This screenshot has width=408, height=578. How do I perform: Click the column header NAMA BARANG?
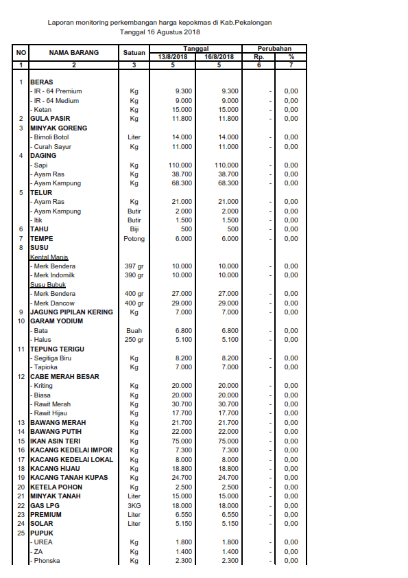(73, 52)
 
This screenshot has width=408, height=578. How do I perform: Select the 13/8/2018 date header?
(172, 57)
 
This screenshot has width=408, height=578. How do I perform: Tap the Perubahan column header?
(274, 49)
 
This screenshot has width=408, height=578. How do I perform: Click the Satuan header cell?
(134, 52)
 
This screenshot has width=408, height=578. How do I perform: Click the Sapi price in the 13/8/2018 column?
(180, 165)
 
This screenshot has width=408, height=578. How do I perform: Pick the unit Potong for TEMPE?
(134, 239)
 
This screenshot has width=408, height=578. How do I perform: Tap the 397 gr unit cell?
(134, 266)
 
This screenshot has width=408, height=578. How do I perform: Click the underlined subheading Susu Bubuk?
(48, 285)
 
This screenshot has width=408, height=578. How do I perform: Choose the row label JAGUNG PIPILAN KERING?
(71, 312)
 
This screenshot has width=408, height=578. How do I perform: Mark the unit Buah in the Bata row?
(134, 331)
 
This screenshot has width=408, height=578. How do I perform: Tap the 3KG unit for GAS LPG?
(134, 505)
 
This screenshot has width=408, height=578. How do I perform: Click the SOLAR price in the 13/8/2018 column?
(182, 524)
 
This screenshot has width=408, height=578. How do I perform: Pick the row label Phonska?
(47, 561)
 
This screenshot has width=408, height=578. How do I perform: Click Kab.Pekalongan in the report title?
(244, 23)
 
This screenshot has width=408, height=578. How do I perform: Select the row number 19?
(21, 478)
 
